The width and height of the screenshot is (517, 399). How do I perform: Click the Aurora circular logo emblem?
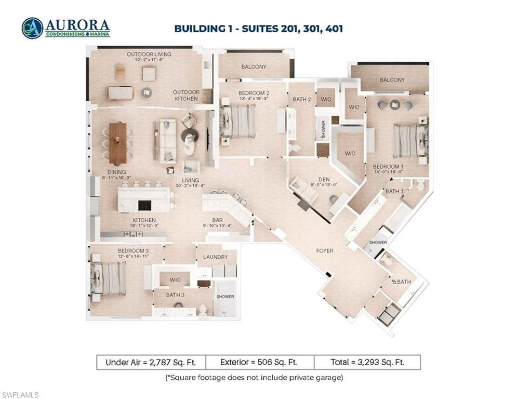[32, 28]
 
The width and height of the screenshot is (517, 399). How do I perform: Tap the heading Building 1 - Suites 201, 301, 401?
[258, 29]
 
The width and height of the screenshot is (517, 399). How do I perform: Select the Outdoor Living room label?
[149, 54]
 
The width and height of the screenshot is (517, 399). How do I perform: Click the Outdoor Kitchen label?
[185, 95]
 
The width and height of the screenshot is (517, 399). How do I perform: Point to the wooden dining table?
[117, 143]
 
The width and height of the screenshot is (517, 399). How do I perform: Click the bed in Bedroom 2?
[240, 121]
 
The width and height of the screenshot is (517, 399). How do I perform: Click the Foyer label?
[325, 251]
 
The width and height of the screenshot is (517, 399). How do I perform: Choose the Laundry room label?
[215, 257]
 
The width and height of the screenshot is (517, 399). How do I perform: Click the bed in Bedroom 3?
[109, 278]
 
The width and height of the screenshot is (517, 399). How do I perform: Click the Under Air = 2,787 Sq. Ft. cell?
[151, 362]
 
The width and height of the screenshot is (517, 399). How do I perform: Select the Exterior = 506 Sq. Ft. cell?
[258, 362]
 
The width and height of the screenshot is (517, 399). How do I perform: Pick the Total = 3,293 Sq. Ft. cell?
[367, 362]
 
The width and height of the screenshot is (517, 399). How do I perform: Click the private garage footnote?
[254, 377]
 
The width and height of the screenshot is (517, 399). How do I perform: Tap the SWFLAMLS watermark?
[20, 395]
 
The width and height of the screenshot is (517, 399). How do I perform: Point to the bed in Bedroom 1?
[411, 140]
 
